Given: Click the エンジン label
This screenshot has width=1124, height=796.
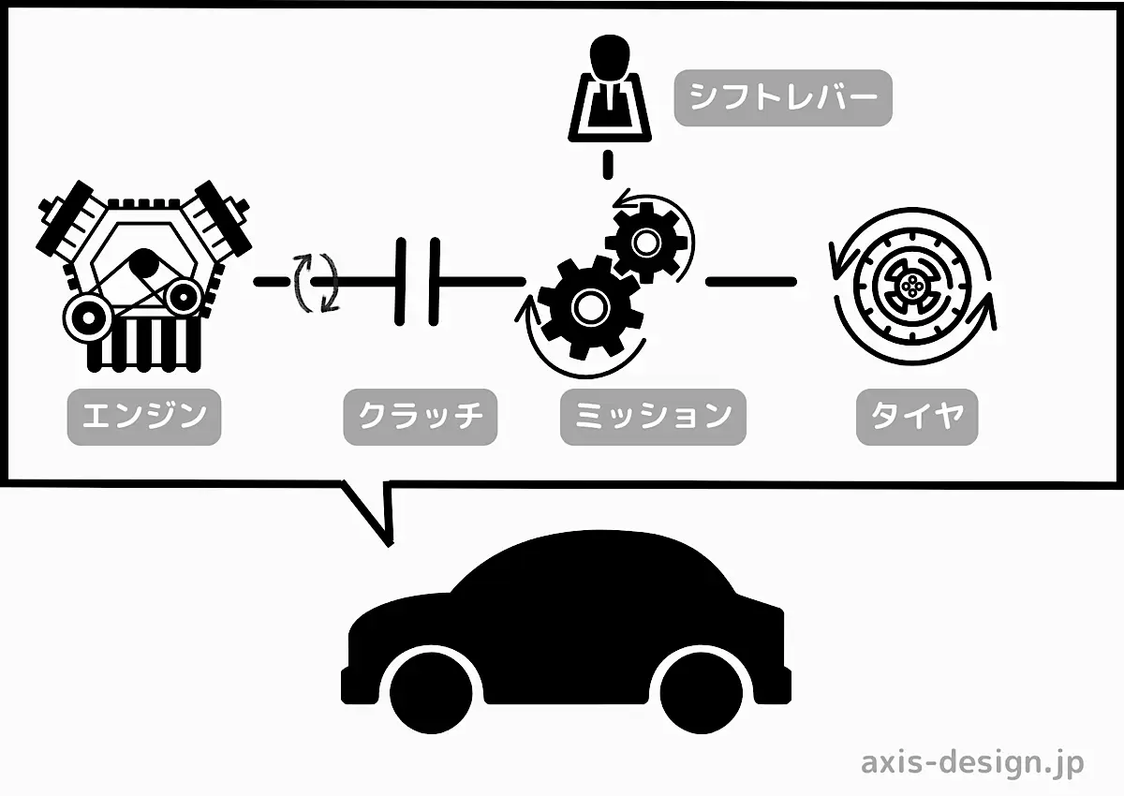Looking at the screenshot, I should pyautogui.click(x=143, y=417).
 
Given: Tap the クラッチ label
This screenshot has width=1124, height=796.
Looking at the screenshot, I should pyautogui.click(x=420, y=417).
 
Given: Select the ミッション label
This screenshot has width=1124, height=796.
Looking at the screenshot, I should pyautogui.click(x=653, y=417).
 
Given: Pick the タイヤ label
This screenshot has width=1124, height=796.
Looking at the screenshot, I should pyautogui.click(x=917, y=417).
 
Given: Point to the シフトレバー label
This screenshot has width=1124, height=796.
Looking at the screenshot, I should pyautogui.click(x=782, y=97).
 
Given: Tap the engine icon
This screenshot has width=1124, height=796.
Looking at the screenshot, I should pyautogui.click(x=142, y=272).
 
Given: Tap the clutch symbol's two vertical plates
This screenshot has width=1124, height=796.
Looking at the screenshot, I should pyautogui.click(x=418, y=281).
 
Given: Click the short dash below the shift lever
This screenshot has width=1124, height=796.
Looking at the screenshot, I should pyautogui.click(x=608, y=163).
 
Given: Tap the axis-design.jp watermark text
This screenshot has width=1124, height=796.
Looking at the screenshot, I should pyautogui.click(x=972, y=762).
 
